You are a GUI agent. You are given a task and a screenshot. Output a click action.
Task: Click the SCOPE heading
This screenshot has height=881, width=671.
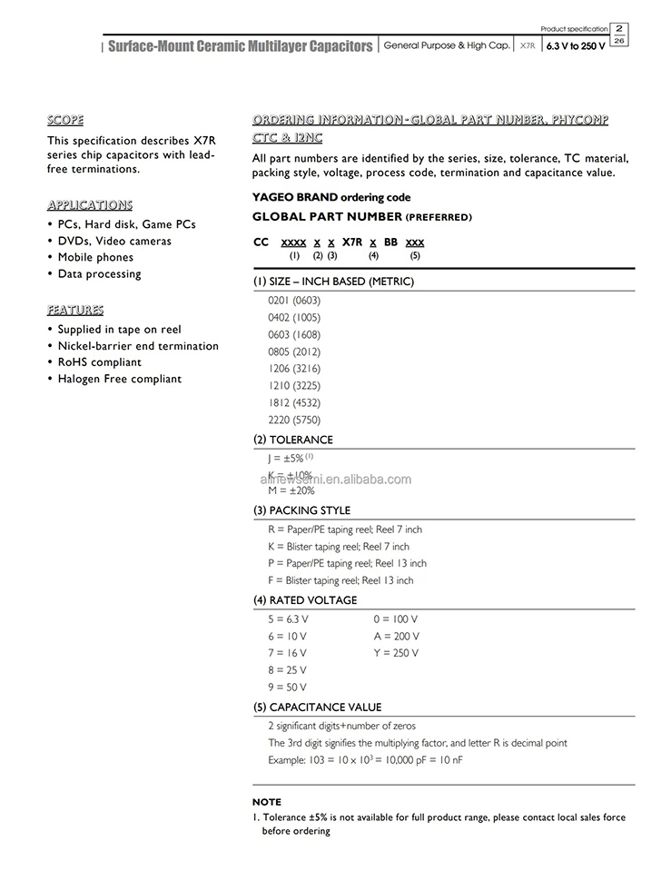click(65, 120)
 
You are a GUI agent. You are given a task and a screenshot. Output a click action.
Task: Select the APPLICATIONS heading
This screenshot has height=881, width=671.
click(89, 204)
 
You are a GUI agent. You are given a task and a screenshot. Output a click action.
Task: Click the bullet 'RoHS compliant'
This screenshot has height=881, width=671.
click(100, 362)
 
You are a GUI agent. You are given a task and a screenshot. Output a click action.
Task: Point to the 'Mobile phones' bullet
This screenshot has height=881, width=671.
click(95, 257)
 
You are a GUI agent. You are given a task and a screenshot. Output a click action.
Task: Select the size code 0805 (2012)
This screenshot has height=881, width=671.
click(294, 351)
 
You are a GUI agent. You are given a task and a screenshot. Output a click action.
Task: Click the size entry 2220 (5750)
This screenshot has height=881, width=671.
click(294, 420)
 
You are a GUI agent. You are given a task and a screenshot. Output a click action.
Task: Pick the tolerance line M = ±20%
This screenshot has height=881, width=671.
click(291, 490)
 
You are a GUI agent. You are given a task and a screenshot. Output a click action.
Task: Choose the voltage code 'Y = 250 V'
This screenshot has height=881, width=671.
click(396, 653)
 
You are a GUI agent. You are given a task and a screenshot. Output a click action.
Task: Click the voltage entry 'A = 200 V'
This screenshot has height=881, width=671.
click(396, 637)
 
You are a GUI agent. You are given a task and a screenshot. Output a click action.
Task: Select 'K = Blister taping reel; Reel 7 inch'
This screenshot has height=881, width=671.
click(338, 547)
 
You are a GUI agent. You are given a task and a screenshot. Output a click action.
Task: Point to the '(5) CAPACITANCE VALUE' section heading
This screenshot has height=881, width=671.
click(317, 708)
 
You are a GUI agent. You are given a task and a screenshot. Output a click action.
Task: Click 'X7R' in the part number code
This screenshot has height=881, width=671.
click(352, 243)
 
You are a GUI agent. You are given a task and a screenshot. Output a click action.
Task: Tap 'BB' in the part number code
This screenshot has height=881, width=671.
click(390, 243)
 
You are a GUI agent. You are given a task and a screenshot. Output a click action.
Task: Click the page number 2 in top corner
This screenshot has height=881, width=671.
click(619, 28)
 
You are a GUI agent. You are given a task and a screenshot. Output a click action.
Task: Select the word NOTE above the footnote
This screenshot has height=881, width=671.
click(266, 802)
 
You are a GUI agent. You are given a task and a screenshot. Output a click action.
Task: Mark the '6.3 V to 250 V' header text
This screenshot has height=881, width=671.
click(576, 45)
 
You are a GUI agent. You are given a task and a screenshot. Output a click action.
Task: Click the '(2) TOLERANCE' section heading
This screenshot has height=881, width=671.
click(292, 440)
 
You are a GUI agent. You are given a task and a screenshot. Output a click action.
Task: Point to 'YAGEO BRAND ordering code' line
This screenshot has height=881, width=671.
click(331, 197)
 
